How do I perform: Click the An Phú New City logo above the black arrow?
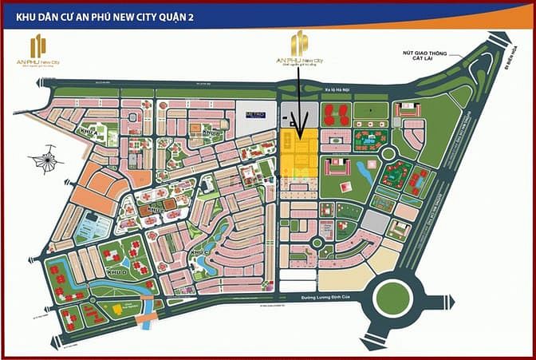[298, 50]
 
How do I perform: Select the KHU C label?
[198, 253]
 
